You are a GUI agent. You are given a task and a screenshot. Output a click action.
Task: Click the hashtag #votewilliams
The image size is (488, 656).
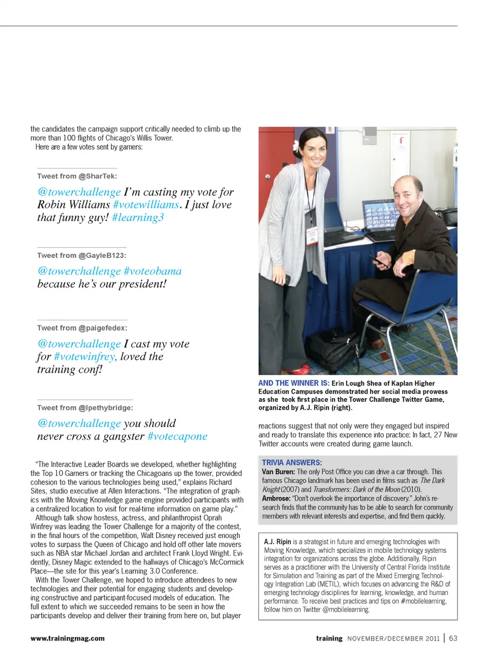pyautogui.click(x=146, y=205)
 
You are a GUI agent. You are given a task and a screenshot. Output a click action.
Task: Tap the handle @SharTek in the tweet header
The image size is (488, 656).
pyautogui.click(x=98, y=176)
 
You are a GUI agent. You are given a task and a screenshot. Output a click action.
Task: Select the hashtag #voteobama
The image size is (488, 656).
pyautogui.click(x=152, y=271)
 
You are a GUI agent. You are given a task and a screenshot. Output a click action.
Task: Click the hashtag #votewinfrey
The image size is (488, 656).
pyautogui.click(x=84, y=356)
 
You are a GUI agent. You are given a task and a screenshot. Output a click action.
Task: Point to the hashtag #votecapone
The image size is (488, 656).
pyautogui.click(x=177, y=436)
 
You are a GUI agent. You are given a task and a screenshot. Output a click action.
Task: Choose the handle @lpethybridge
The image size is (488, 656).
pyautogui.click(x=106, y=408)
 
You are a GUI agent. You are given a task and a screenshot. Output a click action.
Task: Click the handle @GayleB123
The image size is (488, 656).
pyautogui.click(x=102, y=255)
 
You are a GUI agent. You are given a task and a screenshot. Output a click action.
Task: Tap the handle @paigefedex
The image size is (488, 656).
pyautogui.click(x=103, y=328)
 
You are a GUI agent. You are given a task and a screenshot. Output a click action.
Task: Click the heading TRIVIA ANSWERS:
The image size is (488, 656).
pyautogui.click(x=292, y=462)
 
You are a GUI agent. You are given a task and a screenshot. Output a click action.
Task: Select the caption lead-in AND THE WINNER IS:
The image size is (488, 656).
pyautogui.click(x=293, y=383)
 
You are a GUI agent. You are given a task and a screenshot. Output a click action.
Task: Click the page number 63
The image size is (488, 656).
pyautogui.click(x=453, y=638)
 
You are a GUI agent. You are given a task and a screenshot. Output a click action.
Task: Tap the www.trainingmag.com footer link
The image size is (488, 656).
pyautogui.click(x=68, y=638)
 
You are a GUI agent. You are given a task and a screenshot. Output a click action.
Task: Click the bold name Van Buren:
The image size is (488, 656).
pyautogui.click(x=278, y=472)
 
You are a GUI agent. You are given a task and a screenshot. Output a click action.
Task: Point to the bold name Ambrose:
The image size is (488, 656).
pyautogui.click(x=276, y=498)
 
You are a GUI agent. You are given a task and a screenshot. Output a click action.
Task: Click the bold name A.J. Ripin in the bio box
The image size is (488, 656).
pyautogui.click(x=278, y=542)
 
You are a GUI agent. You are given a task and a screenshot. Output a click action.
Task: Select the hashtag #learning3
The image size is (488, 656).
pyautogui.click(x=138, y=218)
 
